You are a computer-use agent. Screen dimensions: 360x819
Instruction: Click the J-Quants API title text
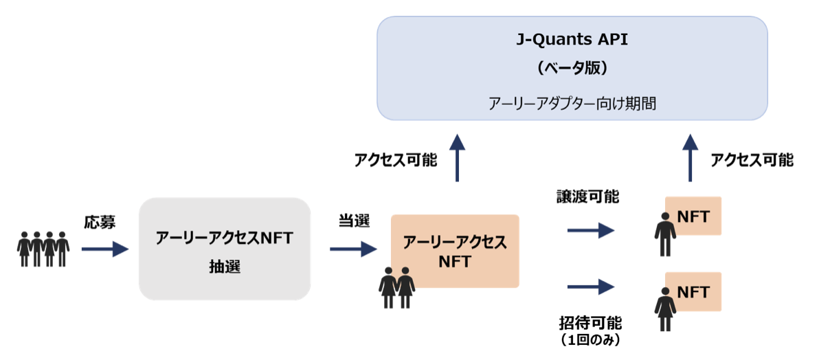point(572,39)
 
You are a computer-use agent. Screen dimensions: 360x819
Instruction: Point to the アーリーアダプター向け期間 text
point(572,104)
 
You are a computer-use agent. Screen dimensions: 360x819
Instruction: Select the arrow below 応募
point(104,249)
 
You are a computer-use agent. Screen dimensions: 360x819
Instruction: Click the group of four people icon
point(43,249)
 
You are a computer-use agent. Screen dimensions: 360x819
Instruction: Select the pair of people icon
point(397,288)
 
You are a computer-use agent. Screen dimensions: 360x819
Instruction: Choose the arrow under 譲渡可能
point(590,230)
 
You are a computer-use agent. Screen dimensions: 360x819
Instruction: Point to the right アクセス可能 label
point(752,160)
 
